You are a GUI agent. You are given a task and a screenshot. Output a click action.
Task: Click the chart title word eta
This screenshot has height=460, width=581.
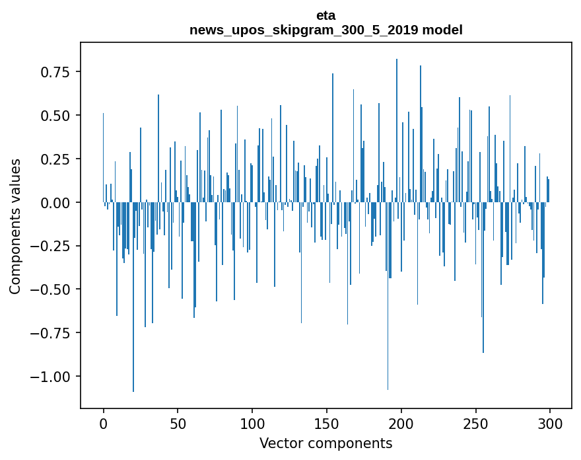(326, 15)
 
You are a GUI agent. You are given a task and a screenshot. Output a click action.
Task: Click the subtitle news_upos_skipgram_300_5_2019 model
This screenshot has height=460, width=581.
(326, 30)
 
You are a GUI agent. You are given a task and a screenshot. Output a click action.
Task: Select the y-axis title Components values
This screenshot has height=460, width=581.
(15, 226)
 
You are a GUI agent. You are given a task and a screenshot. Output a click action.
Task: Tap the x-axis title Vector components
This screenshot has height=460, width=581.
(326, 443)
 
